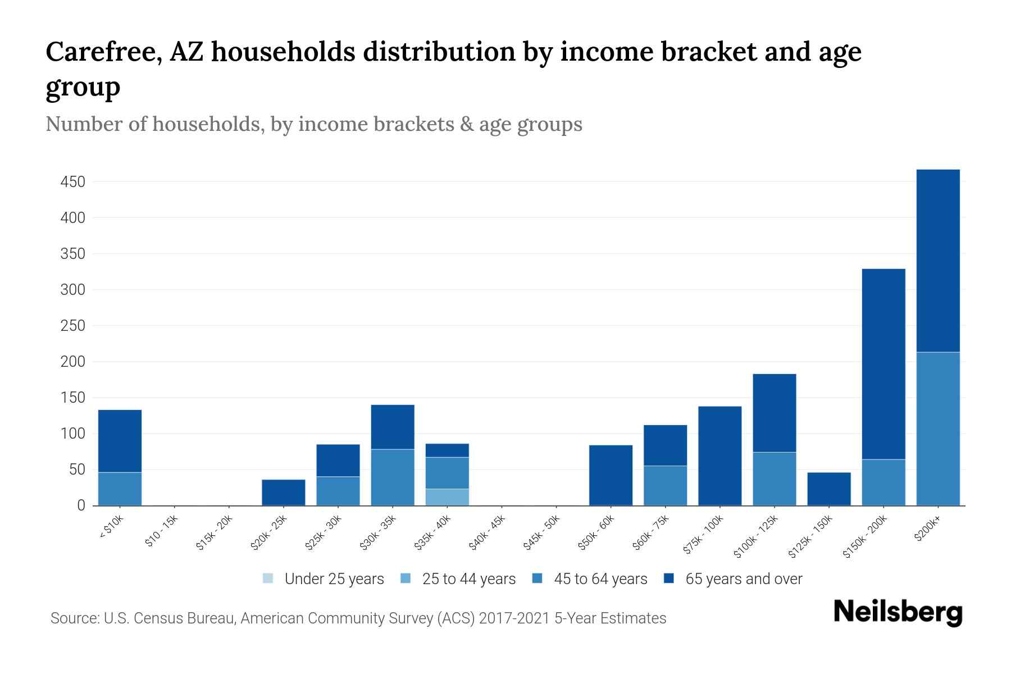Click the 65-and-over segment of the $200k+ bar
pos(937,261)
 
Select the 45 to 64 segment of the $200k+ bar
pos(937,429)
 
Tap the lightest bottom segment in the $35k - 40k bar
pos(447,497)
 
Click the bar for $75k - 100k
pos(719,456)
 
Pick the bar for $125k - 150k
pos(828,489)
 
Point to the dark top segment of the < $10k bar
pos(120,441)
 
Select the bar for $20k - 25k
pos(283,492)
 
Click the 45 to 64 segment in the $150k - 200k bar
pos(883,482)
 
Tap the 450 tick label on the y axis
pos(73,182)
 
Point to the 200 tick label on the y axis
pos(73,362)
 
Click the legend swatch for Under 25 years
pos(268,579)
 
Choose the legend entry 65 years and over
pos(743,579)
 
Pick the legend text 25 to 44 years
pos(468,579)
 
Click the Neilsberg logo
pos(898,612)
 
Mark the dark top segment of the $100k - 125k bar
pos(774,413)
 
